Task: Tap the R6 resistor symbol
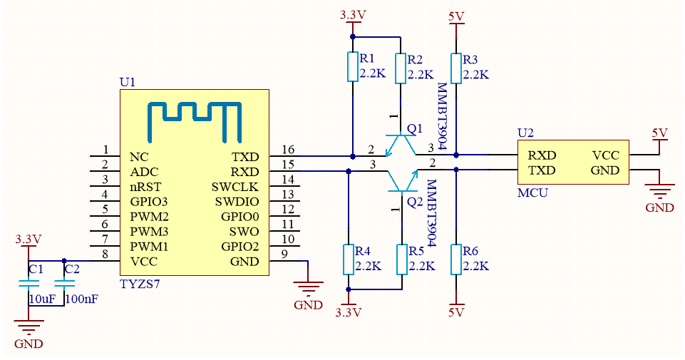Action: (x=456, y=259)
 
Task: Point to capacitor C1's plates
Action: (x=29, y=283)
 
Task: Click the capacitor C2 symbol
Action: (x=64, y=283)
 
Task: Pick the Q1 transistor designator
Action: (x=414, y=128)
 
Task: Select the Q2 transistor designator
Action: (x=414, y=202)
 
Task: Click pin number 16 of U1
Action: (x=288, y=150)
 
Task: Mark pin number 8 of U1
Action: (x=105, y=254)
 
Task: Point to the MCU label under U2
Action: (x=532, y=192)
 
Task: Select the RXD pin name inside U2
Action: (x=542, y=155)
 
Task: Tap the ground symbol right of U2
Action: (x=659, y=191)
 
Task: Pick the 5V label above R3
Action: (x=456, y=16)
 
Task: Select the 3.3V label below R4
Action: (x=348, y=312)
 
